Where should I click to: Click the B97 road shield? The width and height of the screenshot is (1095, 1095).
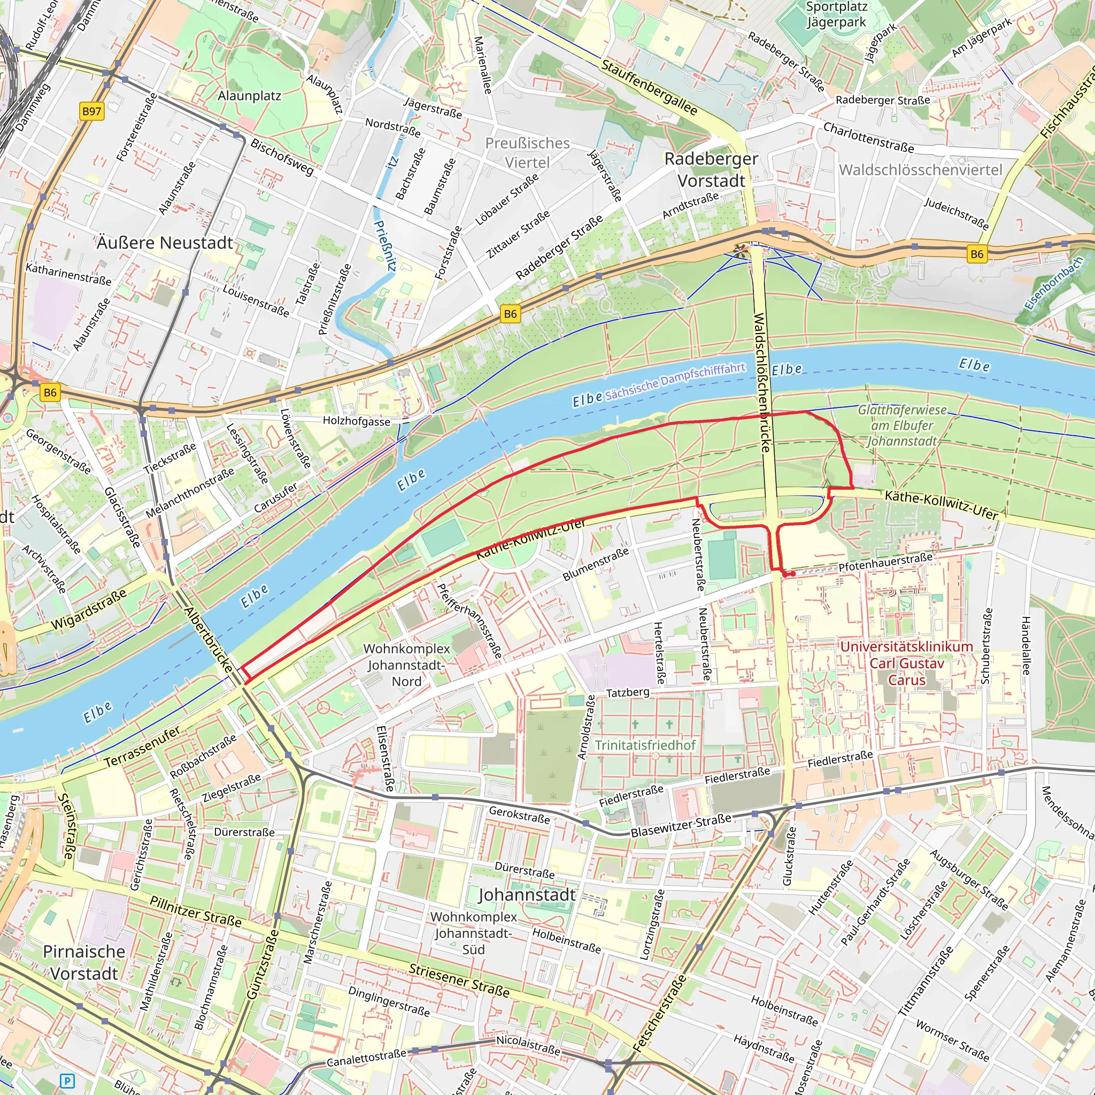point(92,111)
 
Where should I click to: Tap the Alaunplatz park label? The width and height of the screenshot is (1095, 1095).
point(249,96)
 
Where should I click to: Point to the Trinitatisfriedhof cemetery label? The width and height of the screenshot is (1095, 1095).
point(645,745)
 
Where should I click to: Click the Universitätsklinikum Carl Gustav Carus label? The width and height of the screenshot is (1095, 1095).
point(906,663)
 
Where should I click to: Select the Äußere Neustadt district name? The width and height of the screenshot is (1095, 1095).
point(165,243)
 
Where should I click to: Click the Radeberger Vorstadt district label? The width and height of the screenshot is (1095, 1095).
point(711,169)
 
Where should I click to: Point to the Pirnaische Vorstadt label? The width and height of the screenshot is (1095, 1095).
point(84,962)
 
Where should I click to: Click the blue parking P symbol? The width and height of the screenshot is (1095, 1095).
point(67,1081)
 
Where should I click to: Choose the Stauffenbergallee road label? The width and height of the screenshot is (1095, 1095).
point(649,87)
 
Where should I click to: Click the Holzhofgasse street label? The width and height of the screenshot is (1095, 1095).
point(357,421)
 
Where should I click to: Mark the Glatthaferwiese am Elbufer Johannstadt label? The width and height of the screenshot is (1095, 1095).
point(902,425)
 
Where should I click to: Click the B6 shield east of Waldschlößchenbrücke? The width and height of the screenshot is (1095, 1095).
point(976,254)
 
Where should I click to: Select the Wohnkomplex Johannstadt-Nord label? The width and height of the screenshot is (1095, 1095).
point(406,665)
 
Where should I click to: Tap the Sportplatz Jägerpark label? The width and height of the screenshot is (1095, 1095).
point(837,15)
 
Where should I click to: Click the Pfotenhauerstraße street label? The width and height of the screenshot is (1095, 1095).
point(885,562)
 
